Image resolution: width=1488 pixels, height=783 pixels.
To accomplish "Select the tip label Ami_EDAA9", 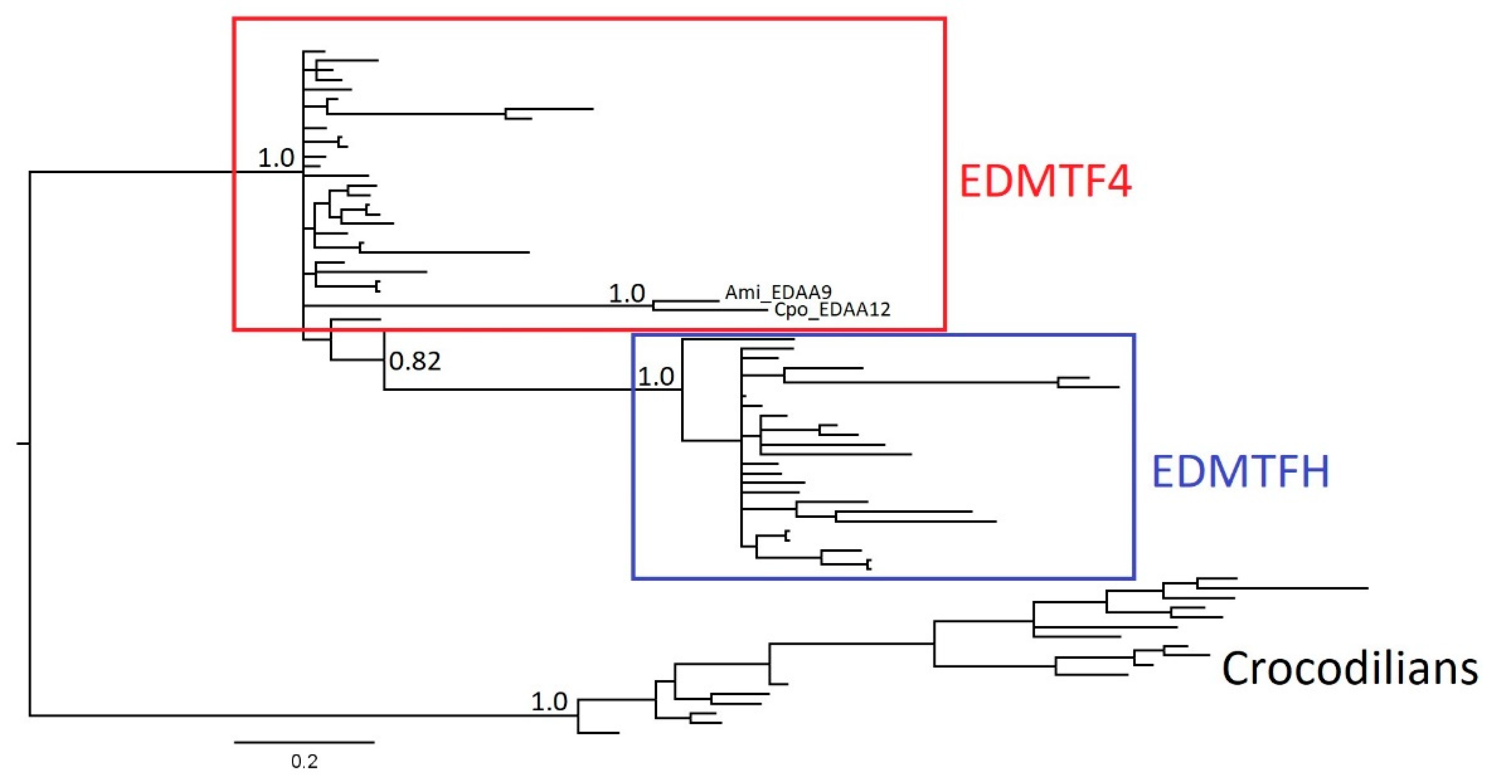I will tap(777, 293).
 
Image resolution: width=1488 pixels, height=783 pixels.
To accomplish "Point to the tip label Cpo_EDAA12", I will tap(832, 310).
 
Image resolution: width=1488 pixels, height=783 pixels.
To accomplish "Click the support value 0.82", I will tap(415, 361).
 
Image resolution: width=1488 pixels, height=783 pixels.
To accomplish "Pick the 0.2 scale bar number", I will tap(305, 762).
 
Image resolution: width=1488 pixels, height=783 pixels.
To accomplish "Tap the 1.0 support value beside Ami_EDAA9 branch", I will tap(627, 294).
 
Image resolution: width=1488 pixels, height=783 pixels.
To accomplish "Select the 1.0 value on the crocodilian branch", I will tap(549, 702).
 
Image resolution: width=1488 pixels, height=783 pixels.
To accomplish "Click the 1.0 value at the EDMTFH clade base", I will tap(656, 376).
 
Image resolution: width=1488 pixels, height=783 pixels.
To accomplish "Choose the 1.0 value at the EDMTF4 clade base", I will tap(276, 158).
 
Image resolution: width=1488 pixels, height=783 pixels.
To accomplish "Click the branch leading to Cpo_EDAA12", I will tap(711, 310).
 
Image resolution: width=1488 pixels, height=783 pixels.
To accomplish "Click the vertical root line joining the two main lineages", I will tap(30, 444).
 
